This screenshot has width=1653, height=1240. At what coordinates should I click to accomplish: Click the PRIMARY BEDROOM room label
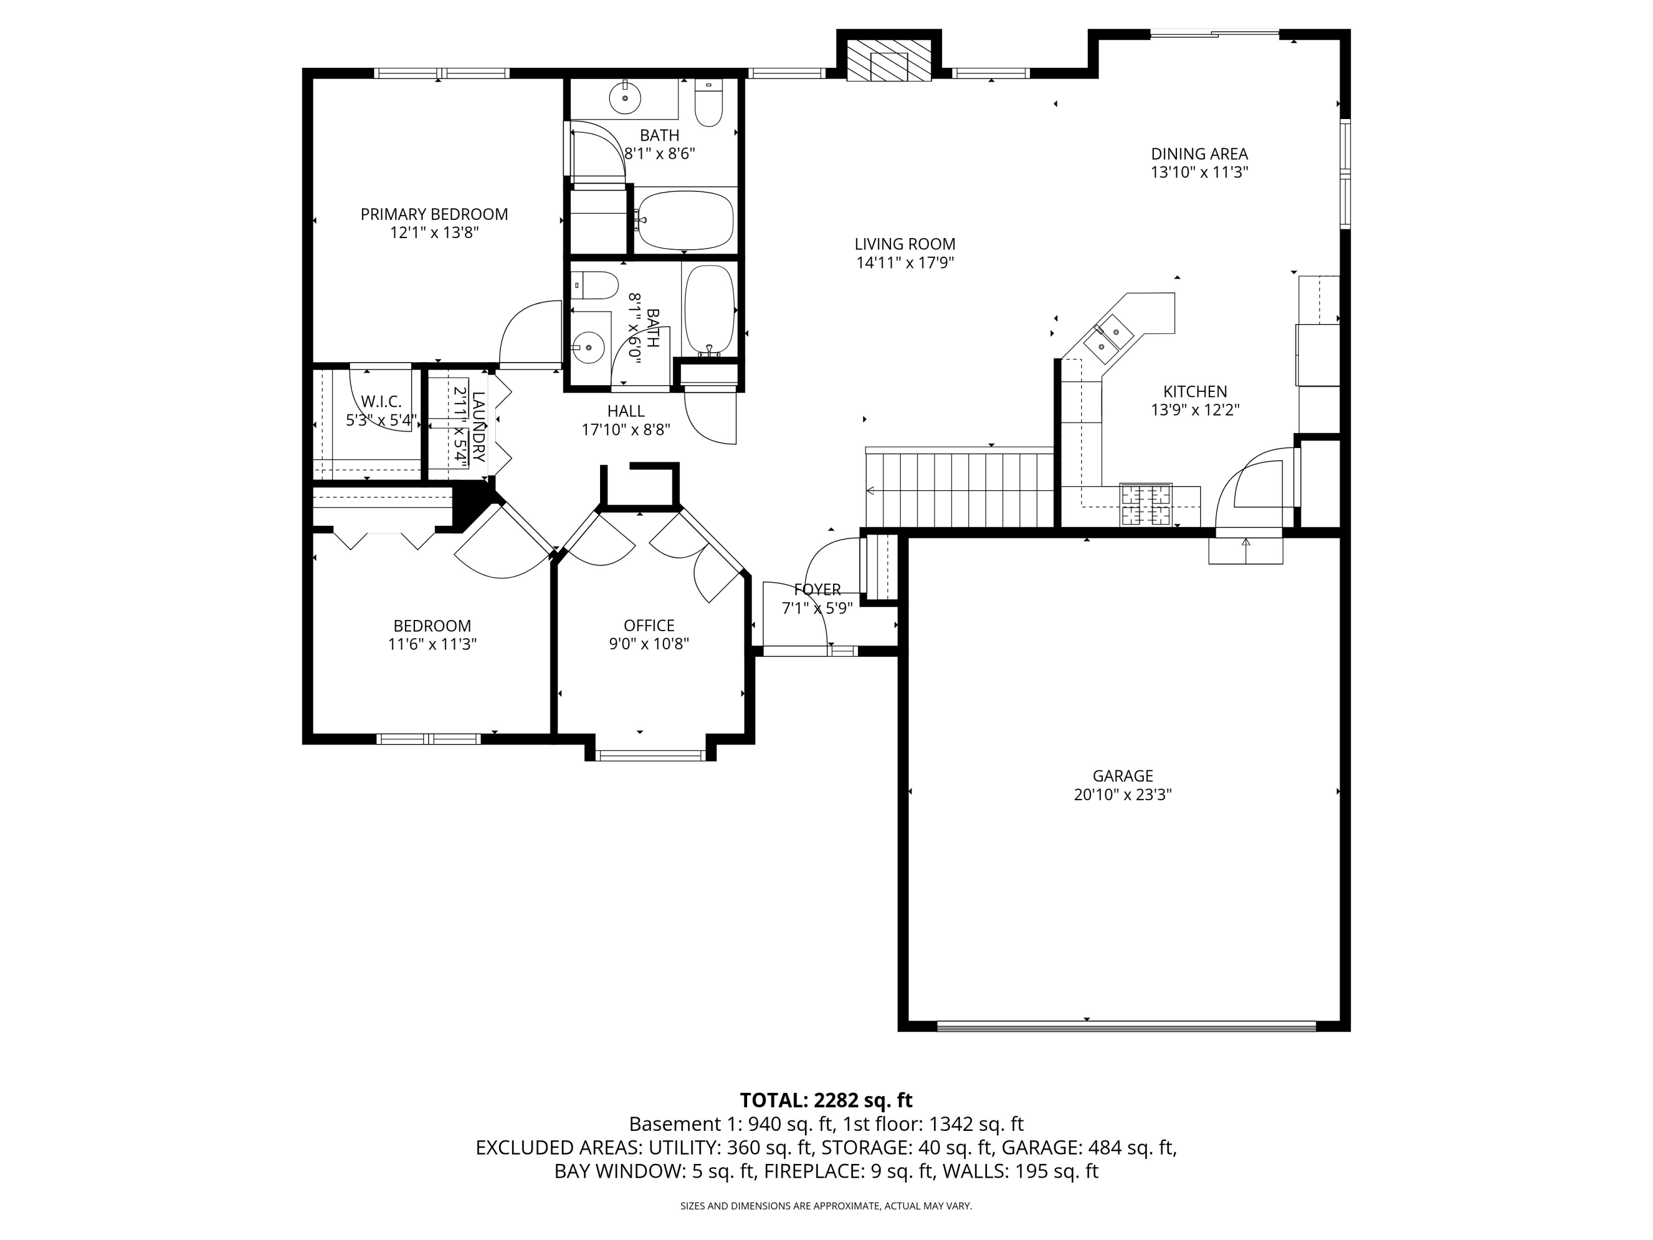click(434, 214)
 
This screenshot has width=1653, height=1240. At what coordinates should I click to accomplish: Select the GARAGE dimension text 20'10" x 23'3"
click(1122, 795)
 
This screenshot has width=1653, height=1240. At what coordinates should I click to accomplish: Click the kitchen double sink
click(1110, 337)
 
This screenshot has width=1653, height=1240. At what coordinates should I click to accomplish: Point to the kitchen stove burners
click(1146, 504)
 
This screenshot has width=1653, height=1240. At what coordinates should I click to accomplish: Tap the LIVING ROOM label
click(905, 244)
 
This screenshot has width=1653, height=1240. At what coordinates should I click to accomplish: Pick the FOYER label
click(818, 590)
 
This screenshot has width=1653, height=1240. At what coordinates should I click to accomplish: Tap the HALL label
click(626, 411)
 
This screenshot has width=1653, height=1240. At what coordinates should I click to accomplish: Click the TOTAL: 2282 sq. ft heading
click(826, 1100)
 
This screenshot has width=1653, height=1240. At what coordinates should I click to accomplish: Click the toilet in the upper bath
click(709, 103)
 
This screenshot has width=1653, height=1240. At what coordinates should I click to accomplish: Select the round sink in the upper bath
click(625, 97)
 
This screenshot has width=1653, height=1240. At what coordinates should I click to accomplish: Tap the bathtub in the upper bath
click(685, 220)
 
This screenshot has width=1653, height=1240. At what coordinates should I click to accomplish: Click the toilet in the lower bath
click(595, 285)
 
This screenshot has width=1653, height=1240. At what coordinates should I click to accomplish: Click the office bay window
click(650, 756)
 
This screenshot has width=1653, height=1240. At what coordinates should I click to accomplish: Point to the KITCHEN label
click(1195, 392)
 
